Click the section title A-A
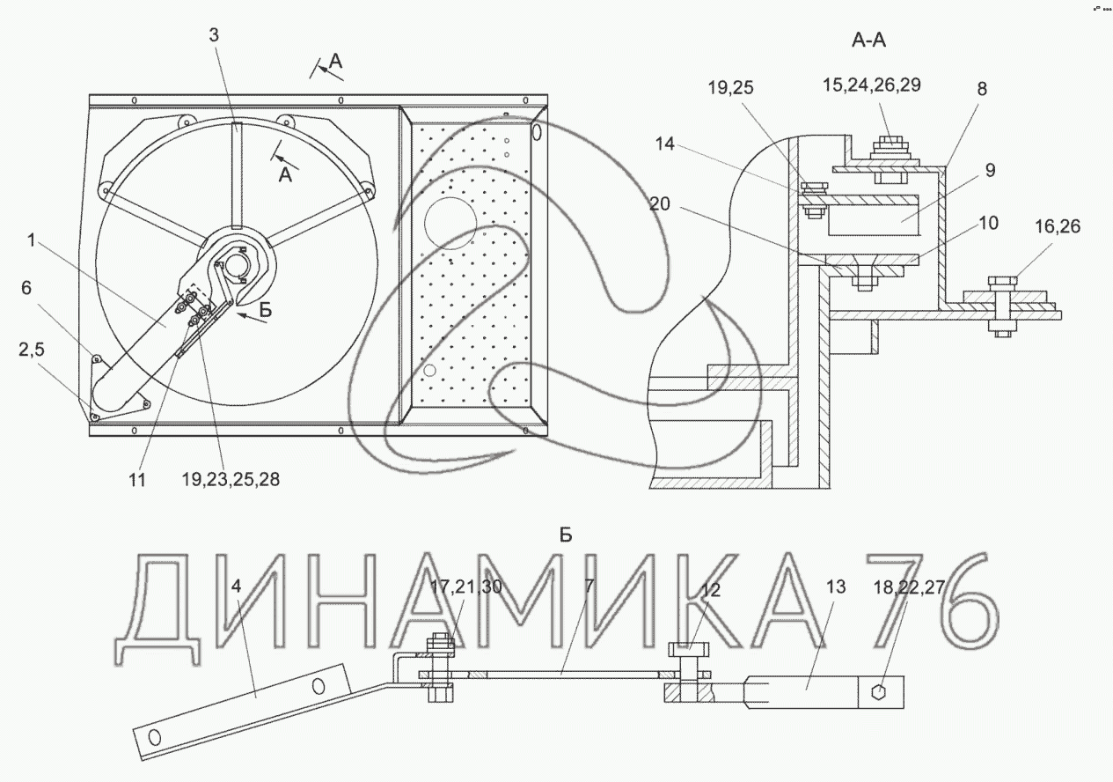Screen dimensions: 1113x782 coord(868,40)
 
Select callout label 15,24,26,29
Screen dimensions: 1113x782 coord(872,85)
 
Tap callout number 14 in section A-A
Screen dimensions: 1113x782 coord(665,144)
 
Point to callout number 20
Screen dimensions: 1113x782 coord(659,203)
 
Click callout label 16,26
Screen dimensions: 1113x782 coord(1058,226)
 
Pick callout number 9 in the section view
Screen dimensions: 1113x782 coord(991,170)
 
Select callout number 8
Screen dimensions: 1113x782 coord(982,89)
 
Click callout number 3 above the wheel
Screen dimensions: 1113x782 coord(214,35)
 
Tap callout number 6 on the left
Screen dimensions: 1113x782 coord(26,288)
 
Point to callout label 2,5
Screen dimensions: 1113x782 coord(32,350)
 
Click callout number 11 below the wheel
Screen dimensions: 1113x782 coord(137,480)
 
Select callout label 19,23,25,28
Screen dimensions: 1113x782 coord(231,479)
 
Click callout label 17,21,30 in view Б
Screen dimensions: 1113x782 coord(466,587)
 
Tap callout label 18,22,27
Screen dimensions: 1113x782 coord(909,587)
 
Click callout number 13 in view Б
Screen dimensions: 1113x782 coord(836,587)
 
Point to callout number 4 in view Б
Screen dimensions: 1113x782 coord(236,586)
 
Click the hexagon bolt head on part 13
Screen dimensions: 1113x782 coord(879,692)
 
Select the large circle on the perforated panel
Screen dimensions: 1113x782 coord(450,224)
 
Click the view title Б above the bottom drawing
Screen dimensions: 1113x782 coord(566,535)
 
